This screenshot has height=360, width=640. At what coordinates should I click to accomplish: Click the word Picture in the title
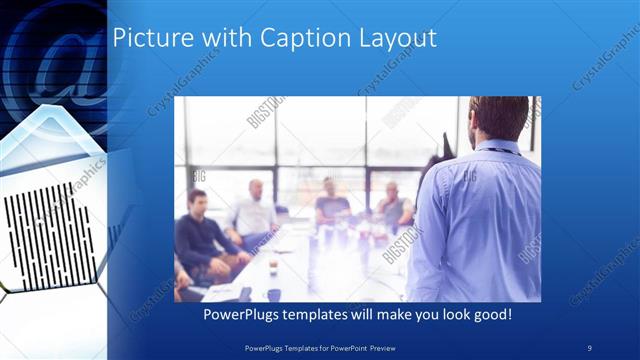[146, 38]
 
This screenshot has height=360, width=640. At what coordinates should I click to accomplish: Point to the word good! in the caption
[492, 314]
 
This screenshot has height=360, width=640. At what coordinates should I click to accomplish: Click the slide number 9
[589, 346]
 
